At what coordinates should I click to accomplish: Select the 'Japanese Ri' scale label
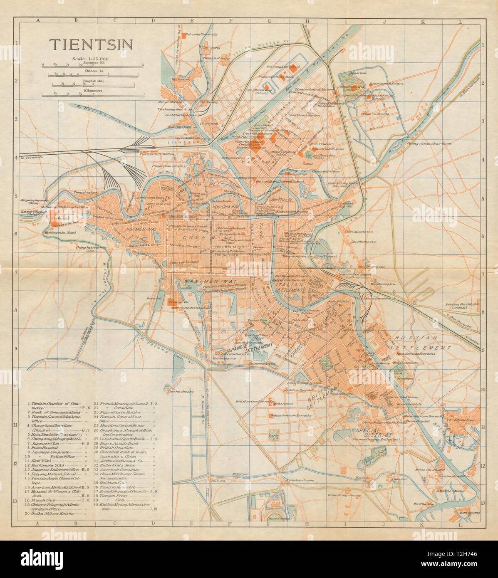coord(91,62)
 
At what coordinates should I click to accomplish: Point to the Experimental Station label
coord(391,83)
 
